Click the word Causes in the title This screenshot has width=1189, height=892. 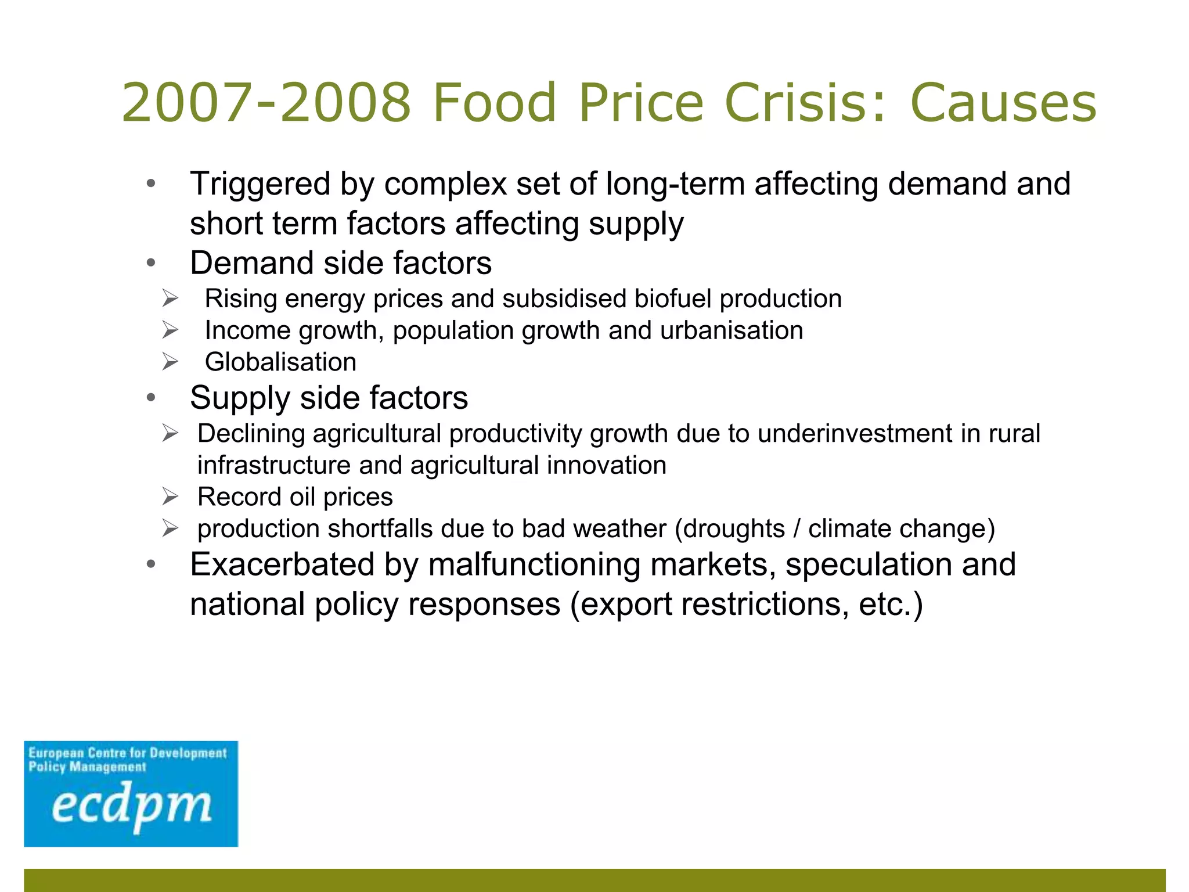point(1003,103)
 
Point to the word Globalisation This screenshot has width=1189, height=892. point(280,362)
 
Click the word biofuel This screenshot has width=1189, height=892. point(672,299)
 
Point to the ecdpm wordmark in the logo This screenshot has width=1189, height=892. point(131,807)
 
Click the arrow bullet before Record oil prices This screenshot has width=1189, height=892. point(170,497)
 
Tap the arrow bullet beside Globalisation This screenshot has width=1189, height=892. point(170,362)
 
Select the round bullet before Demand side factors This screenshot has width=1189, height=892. point(151,264)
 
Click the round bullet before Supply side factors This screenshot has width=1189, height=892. point(151,398)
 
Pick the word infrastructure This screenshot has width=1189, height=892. point(273,466)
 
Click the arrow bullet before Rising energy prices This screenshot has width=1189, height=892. point(170,299)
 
